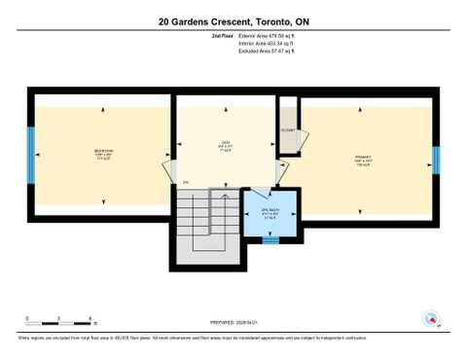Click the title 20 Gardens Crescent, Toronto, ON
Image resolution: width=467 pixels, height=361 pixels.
(x=233, y=20)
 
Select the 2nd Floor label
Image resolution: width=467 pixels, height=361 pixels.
(x=223, y=35)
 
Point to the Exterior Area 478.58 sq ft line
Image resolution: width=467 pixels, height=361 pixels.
(x=266, y=35)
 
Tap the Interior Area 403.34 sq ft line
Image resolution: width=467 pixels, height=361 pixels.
(x=266, y=43)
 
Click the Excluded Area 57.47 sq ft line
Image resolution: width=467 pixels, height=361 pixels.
(x=266, y=51)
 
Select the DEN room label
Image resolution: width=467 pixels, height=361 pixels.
(x=225, y=146)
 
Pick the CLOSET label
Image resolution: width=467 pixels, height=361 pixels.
(x=288, y=129)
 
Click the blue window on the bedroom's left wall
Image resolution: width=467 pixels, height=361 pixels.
(x=33, y=158)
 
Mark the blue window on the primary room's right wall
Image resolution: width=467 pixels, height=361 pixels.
(x=436, y=159)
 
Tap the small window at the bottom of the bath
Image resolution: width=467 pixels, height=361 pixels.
(x=270, y=239)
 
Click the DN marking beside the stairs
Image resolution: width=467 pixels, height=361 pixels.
(x=185, y=182)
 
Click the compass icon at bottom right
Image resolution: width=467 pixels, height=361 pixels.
(x=430, y=317)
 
